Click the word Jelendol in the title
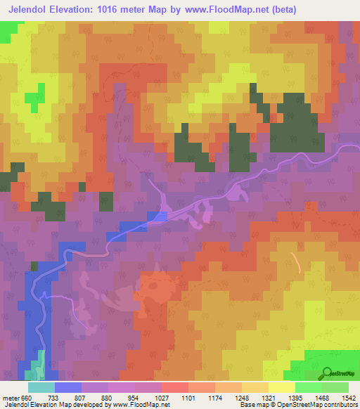(x=32, y=10)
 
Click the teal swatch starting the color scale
(x=41, y=387)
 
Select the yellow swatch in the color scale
(x=281, y=387)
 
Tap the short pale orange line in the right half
(x=297, y=261)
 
